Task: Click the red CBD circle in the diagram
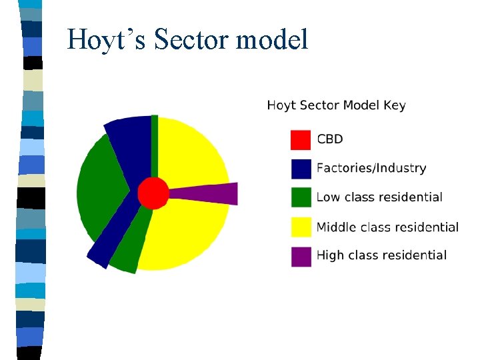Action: pyautogui.click(x=153, y=193)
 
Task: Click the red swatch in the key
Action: pyautogui.click(x=301, y=140)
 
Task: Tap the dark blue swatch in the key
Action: pyautogui.click(x=301, y=169)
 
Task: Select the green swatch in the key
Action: pyautogui.click(x=301, y=198)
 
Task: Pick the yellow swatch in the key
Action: pyautogui.click(x=301, y=227)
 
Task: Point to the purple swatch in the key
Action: pyautogui.click(x=301, y=256)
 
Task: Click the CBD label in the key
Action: pyautogui.click(x=330, y=139)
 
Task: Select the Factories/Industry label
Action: pyautogui.click(x=371, y=168)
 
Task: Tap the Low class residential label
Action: pyautogui.click(x=379, y=197)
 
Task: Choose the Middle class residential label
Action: pyautogui.click(x=387, y=227)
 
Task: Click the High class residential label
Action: pyautogui.click(x=381, y=255)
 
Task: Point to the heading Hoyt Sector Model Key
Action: pyautogui.click(x=336, y=105)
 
